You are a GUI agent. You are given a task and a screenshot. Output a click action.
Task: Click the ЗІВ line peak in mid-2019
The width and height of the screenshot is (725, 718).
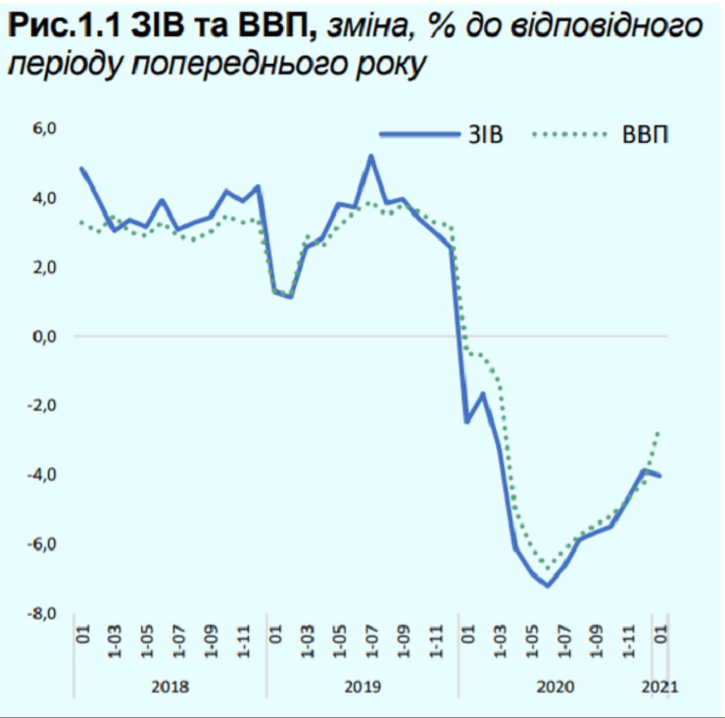click(x=371, y=156)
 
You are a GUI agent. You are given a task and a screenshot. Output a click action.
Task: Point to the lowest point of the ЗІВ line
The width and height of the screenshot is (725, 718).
click(x=548, y=586)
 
